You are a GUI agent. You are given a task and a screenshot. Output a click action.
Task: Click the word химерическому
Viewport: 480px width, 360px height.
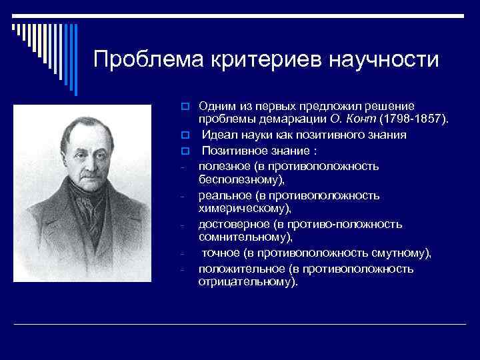(244, 208)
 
